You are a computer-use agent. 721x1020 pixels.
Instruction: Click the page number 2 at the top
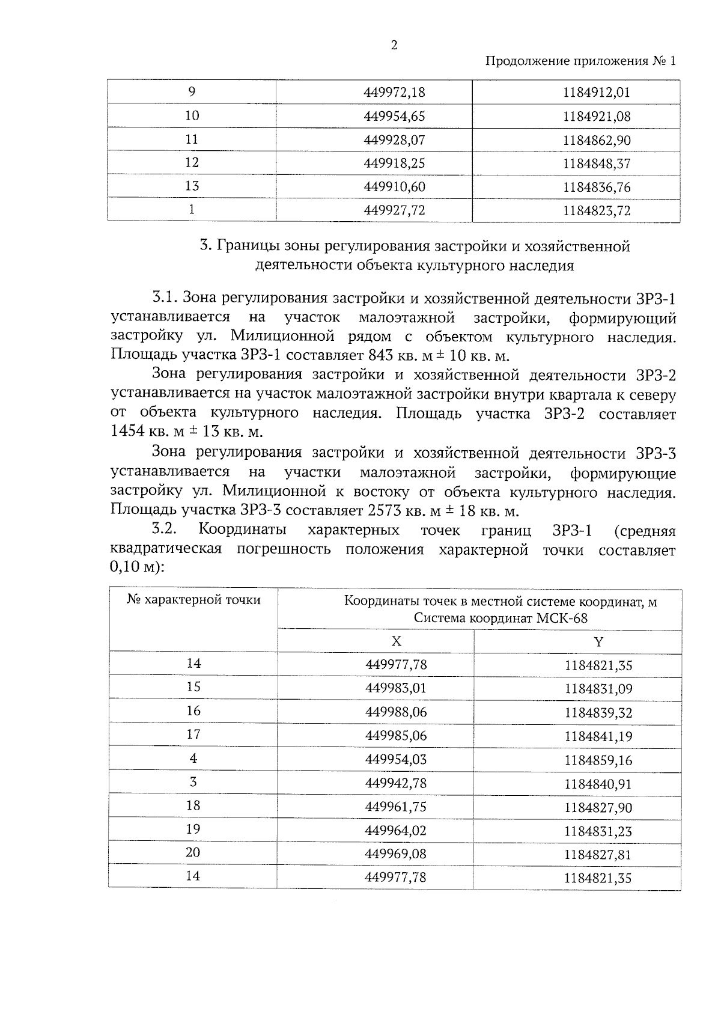pos(394,46)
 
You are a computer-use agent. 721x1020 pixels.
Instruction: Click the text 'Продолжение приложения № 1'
pos(580,61)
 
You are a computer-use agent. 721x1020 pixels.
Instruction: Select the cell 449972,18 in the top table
pos(395,93)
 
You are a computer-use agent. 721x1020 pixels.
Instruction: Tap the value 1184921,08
pos(597,117)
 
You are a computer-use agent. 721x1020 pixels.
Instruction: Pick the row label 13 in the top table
pos(192,186)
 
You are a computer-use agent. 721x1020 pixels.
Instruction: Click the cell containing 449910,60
pos(395,187)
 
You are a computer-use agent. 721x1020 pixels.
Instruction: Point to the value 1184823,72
pos(597,211)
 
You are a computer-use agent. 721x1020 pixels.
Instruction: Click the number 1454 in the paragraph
pos(128,432)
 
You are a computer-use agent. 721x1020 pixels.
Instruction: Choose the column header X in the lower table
pos(396,641)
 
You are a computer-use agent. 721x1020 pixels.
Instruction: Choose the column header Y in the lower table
pos(598,641)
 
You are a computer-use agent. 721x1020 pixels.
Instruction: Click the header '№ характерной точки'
pos(193,600)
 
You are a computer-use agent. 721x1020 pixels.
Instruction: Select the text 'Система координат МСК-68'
pos(500,618)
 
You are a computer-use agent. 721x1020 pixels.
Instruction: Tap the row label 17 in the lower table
pos(193,734)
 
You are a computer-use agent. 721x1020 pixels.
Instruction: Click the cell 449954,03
pos(396,760)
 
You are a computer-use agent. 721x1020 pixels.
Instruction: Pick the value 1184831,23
pos(598,831)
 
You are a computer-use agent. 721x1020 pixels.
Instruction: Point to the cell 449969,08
pos(396,854)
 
